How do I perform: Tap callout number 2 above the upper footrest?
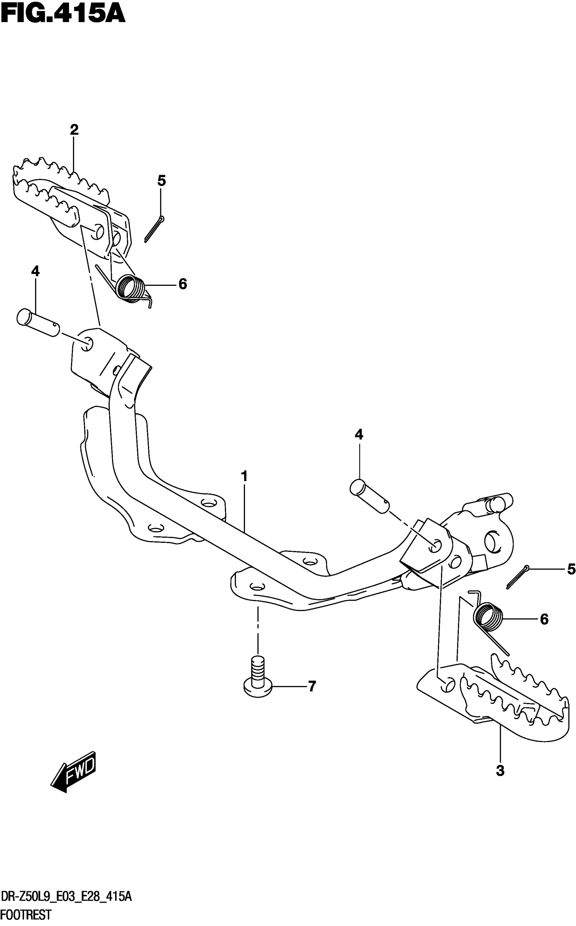pyautogui.click(x=74, y=130)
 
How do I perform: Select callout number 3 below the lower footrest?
pyautogui.click(x=500, y=770)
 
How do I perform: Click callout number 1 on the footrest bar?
pyautogui.click(x=244, y=476)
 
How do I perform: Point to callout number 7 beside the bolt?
pyautogui.click(x=312, y=686)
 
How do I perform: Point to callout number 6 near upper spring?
pyautogui.click(x=183, y=284)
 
